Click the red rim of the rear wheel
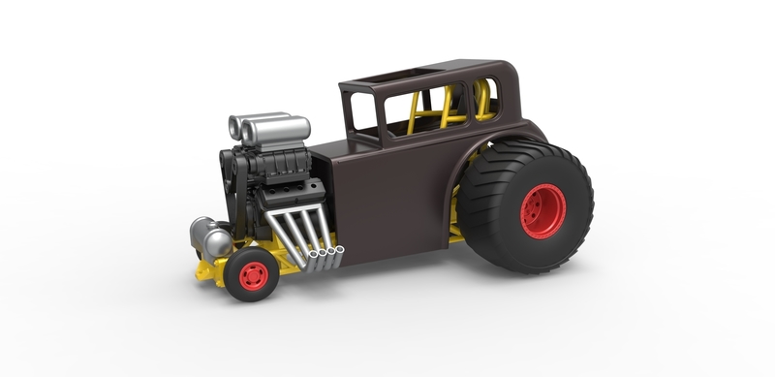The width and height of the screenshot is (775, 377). pos(543,210)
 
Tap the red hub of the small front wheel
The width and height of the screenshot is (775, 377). pos(254,274)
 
